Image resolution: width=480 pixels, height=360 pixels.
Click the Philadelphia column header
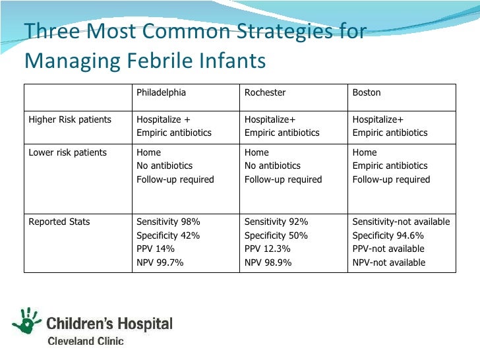click(161, 92)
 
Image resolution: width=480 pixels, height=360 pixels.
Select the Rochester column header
click(265, 92)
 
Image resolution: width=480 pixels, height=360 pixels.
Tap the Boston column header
click(367, 92)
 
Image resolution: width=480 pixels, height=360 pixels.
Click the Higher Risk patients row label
click(70, 119)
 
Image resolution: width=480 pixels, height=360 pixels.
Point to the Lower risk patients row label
click(67, 152)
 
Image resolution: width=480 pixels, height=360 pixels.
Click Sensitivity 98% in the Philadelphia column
click(168, 222)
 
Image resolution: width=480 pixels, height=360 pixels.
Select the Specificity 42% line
click(168, 235)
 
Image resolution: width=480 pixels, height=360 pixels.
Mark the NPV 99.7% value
click(160, 262)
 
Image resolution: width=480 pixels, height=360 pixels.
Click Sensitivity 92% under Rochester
click(276, 222)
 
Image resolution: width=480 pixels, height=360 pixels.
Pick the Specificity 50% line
click(276, 235)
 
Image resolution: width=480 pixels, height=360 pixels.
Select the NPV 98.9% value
click(268, 262)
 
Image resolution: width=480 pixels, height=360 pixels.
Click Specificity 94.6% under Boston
click(388, 235)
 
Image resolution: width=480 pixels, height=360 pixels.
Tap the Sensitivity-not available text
click(401, 222)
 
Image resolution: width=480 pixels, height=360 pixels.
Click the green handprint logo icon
click(27, 321)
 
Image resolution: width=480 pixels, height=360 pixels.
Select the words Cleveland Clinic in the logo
click(84, 341)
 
